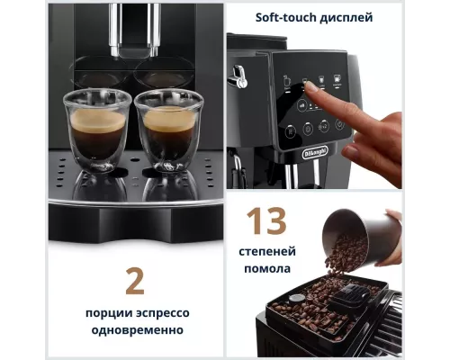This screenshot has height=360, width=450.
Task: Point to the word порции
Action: pyautogui.click(x=98, y=312)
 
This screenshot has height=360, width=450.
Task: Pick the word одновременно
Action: pyautogui.click(x=135, y=330)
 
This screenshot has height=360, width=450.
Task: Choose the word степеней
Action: pyautogui.click(x=265, y=251)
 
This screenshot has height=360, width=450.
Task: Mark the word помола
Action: pyautogui.click(x=265, y=269)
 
